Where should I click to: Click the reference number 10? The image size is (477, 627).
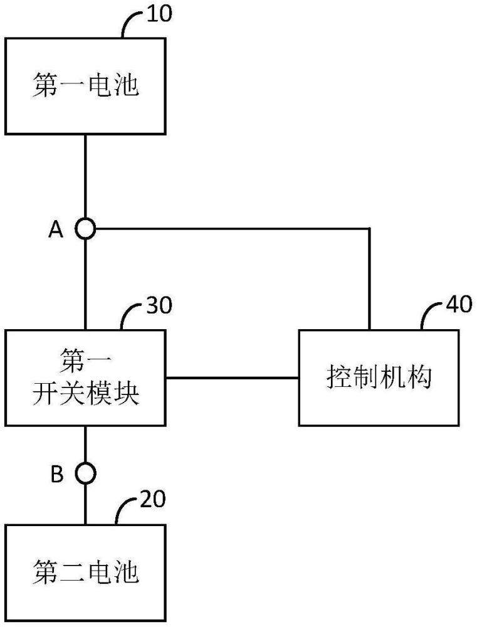159,13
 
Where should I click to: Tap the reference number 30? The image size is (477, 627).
159,305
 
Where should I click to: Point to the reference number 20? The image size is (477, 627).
152,499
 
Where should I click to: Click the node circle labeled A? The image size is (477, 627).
85,229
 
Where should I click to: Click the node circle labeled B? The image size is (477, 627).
85,473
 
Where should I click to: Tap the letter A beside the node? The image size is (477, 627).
56,230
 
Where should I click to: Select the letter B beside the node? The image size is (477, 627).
57,474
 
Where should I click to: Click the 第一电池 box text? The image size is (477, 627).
86,85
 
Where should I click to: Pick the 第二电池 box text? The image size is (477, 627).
86,572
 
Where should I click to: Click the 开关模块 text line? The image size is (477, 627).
86,393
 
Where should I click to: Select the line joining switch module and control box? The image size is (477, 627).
233,377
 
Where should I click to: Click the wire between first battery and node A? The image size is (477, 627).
85,177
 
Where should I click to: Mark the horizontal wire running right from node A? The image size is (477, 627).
233,229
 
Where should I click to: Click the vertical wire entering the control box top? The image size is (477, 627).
369,279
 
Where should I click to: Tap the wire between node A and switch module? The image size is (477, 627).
85,284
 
